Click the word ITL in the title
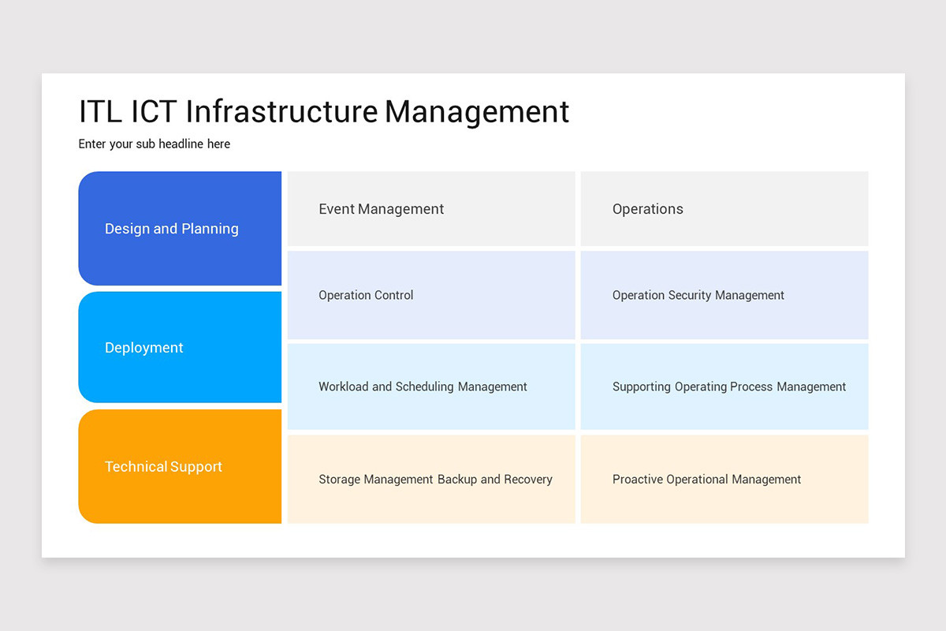(100, 112)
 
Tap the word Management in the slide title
(476, 112)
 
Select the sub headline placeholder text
(155, 144)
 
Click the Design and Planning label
(171, 229)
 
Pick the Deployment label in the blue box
(143, 348)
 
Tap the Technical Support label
(163, 467)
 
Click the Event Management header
(381, 209)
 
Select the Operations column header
(647, 209)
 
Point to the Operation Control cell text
(366, 295)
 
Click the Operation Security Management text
(698, 295)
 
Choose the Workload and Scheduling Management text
(423, 386)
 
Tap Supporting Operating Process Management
(728, 386)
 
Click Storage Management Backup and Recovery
(435, 480)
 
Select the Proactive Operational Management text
(706, 480)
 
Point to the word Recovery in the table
(527, 480)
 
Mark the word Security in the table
(691, 295)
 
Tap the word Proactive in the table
(637, 480)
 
